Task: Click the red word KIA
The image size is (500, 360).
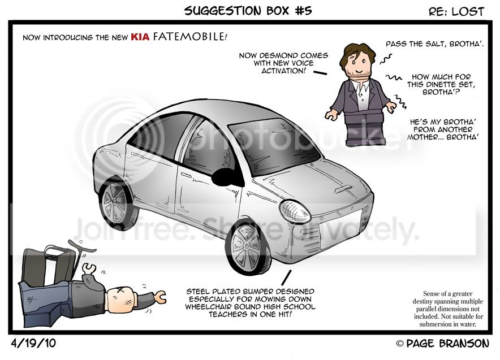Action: click(140, 37)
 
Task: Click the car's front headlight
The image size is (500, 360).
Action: click(295, 211)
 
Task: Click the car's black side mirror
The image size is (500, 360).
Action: click(227, 177)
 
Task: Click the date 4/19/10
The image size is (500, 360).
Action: click(33, 343)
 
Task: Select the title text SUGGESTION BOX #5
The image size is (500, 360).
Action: click(248, 11)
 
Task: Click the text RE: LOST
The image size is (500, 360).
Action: click(456, 12)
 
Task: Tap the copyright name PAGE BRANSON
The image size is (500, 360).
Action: click(447, 344)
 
